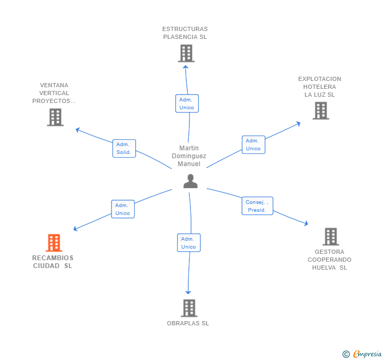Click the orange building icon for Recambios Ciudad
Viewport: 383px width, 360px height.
click(x=54, y=243)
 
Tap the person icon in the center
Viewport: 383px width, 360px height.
click(x=190, y=181)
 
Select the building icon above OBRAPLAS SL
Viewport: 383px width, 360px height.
click(x=189, y=308)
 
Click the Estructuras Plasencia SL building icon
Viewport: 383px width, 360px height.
click(x=186, y=53)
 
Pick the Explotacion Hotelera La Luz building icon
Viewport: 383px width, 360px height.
click(x=320, y=111)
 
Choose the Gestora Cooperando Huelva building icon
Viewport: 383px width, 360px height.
click(x=330, y=237)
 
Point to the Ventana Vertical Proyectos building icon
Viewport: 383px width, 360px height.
click(x=55, y=117)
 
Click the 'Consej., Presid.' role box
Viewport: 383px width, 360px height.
click(x=257, y=206)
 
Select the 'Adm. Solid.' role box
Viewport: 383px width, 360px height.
click(x=124, y=148)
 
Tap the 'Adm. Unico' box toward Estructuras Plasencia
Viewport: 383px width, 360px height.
click(x=187, y=104)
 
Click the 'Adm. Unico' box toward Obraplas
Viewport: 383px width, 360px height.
click(x=188, y=243)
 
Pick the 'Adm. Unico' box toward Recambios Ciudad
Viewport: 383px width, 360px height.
click(x=123, y=209)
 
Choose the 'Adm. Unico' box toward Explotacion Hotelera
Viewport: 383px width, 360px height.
click(x=253, y=145)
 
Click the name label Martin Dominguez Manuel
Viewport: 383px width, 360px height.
click(x=189, y=156)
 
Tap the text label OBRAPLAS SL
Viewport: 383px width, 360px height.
click(x=188, y=323)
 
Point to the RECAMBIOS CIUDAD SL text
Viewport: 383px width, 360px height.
click(x=53, y=262)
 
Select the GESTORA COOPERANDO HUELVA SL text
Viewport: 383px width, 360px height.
click(x=329, y=260)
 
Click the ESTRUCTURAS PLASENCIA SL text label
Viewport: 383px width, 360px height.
click(x=185, y=33)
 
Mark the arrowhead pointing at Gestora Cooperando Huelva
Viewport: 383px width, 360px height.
click(x=306, y=224)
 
